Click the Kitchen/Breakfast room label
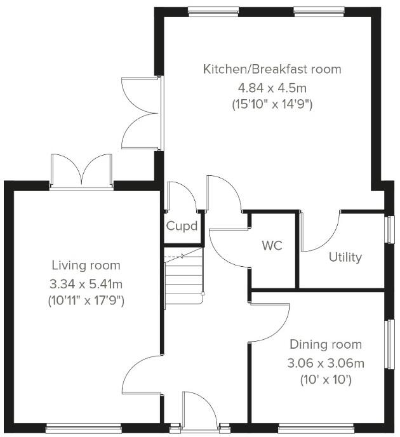point(272,69)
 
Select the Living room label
point(86,266)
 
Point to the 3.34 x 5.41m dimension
point(86,283)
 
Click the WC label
point(272,246)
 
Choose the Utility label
point(345,257)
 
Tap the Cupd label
point(182,226)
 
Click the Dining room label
point(326,345)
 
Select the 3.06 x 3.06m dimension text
point(326,363)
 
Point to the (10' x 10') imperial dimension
point(326,380)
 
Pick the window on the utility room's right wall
point(390,229)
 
